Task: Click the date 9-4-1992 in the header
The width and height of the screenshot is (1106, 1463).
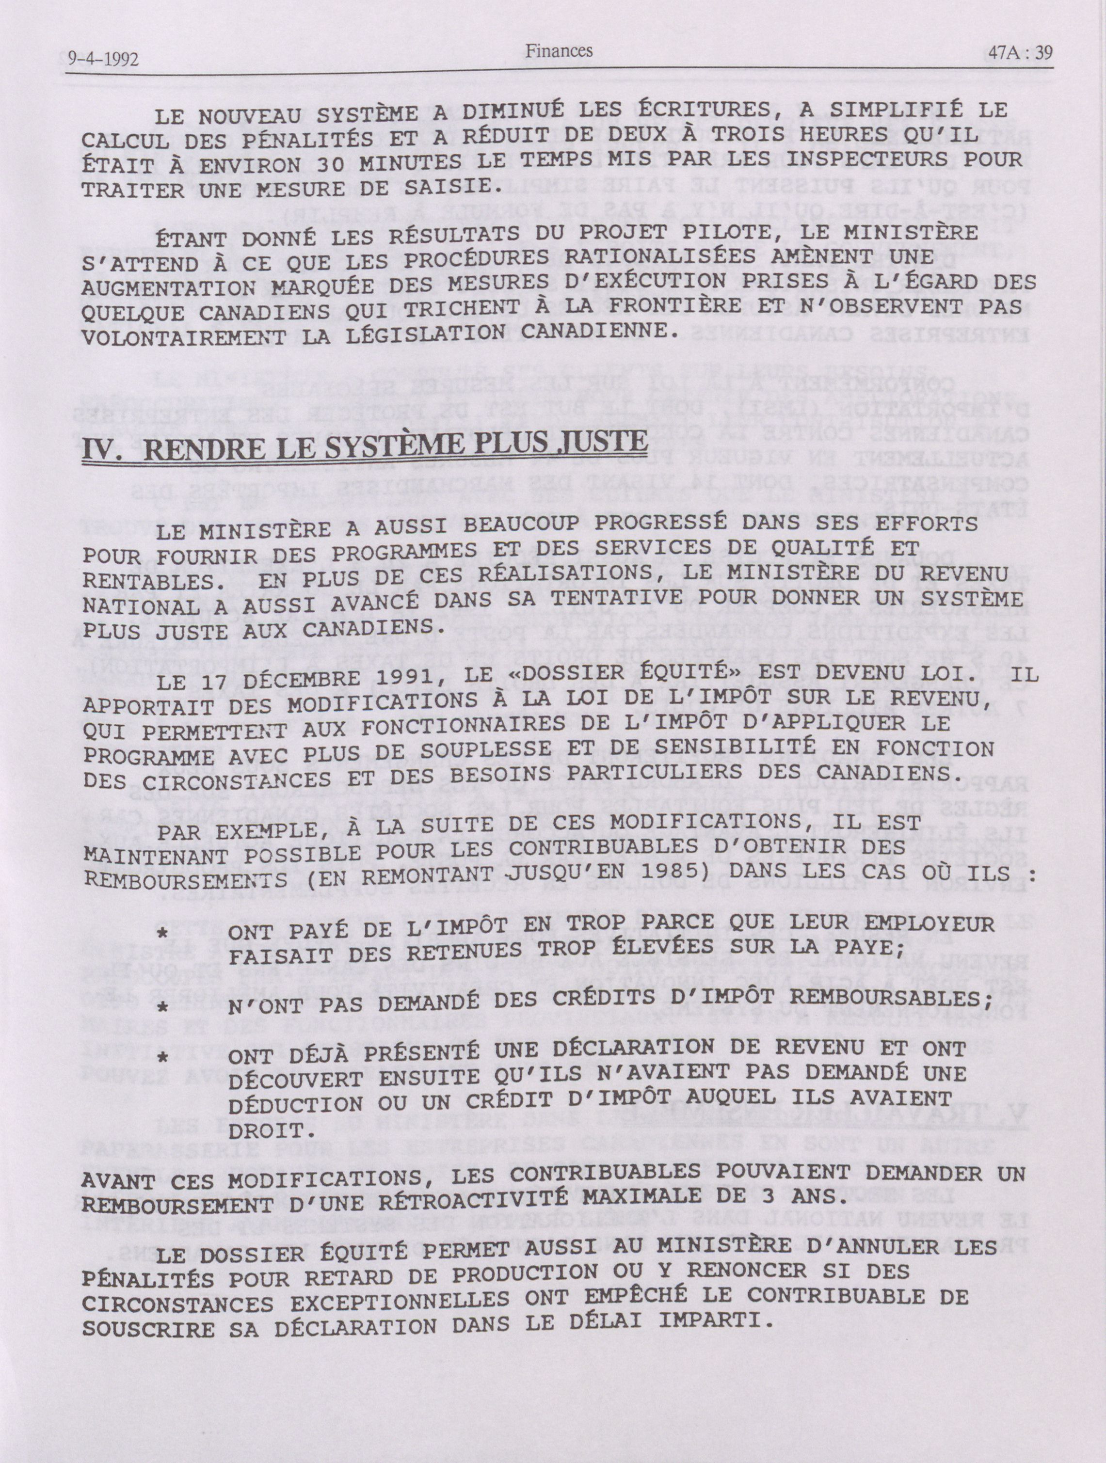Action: click(x=102, y=60)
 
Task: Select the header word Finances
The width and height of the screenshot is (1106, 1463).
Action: click(x=559, y=50)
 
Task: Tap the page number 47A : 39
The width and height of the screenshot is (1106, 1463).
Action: click(x=1017, y=53)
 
